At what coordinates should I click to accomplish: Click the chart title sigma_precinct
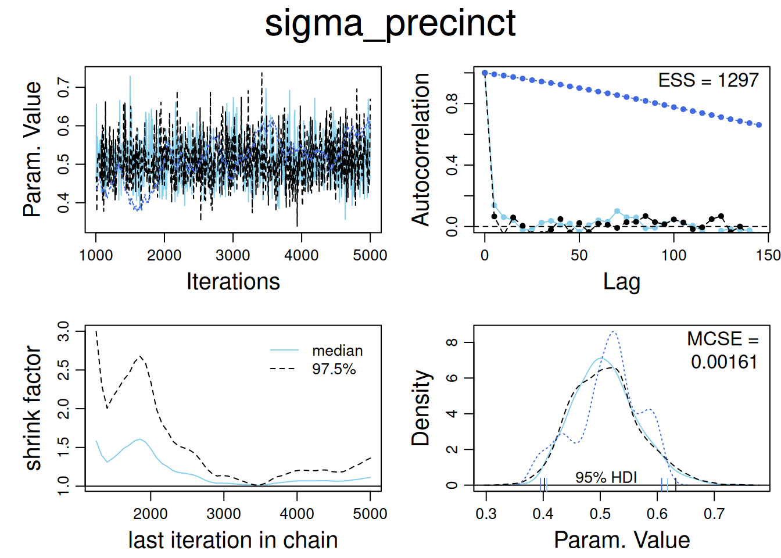(390, 23)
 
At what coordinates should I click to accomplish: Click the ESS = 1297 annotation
(708, 80)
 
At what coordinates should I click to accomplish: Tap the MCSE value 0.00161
(723, 362)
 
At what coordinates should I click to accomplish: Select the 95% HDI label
(606, 477)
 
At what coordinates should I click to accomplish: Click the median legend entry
(337, 350)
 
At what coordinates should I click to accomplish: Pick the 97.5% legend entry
(334, 369)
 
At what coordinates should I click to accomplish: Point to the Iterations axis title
(233, 281)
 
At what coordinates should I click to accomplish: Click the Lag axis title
(621, 281)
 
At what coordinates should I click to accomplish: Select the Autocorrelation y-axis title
(421, 149)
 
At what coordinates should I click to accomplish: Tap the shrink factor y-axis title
(33, 408)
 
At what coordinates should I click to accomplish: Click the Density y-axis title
(421, 408)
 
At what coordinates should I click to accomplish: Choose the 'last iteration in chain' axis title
(233, 540)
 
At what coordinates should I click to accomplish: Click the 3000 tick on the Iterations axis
(233, 255)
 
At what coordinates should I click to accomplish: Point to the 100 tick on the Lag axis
(673, 255)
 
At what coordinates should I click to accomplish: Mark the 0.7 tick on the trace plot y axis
(63, 88)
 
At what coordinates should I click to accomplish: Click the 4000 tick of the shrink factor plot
(297, 514)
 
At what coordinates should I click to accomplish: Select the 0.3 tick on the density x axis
(486, 514)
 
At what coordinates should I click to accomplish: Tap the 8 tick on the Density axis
(452, 342)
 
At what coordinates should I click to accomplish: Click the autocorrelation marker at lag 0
(485, 73)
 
